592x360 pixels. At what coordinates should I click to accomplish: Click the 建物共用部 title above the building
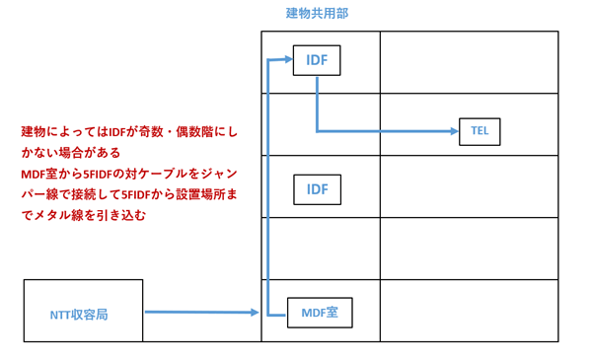pyautogui.click(x=317, y=14)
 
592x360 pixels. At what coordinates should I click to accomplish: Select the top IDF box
pyautogui.click(x=317, y=61)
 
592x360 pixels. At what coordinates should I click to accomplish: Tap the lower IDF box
pyautogui.click(x=317, y=188)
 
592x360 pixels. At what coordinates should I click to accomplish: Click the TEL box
pyautogui.click(x=481, y=131)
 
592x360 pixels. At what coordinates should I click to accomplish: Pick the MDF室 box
pyautogui.click(x=319, y=313)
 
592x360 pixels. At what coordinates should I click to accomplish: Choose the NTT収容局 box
pyautogui.click(x=83, y=311)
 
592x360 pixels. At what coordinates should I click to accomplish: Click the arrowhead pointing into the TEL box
pyautogui.click(x=455, y=131)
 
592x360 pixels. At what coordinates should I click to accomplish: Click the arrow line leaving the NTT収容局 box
pyautogui.click(x=197, y=313)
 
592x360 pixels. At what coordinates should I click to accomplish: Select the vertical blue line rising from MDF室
pyautogui.click(x=268, y=187)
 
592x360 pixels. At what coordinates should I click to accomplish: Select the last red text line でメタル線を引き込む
pyautogui.click(x=83, y=214)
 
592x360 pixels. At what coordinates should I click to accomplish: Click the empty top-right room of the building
pyautogui.click(x=469, y=62)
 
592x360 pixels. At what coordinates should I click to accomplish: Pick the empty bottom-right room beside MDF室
pyautogui.click(x=469, y=311)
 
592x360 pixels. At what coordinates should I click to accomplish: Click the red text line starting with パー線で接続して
pyautogui.click(x=128, y=194)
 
